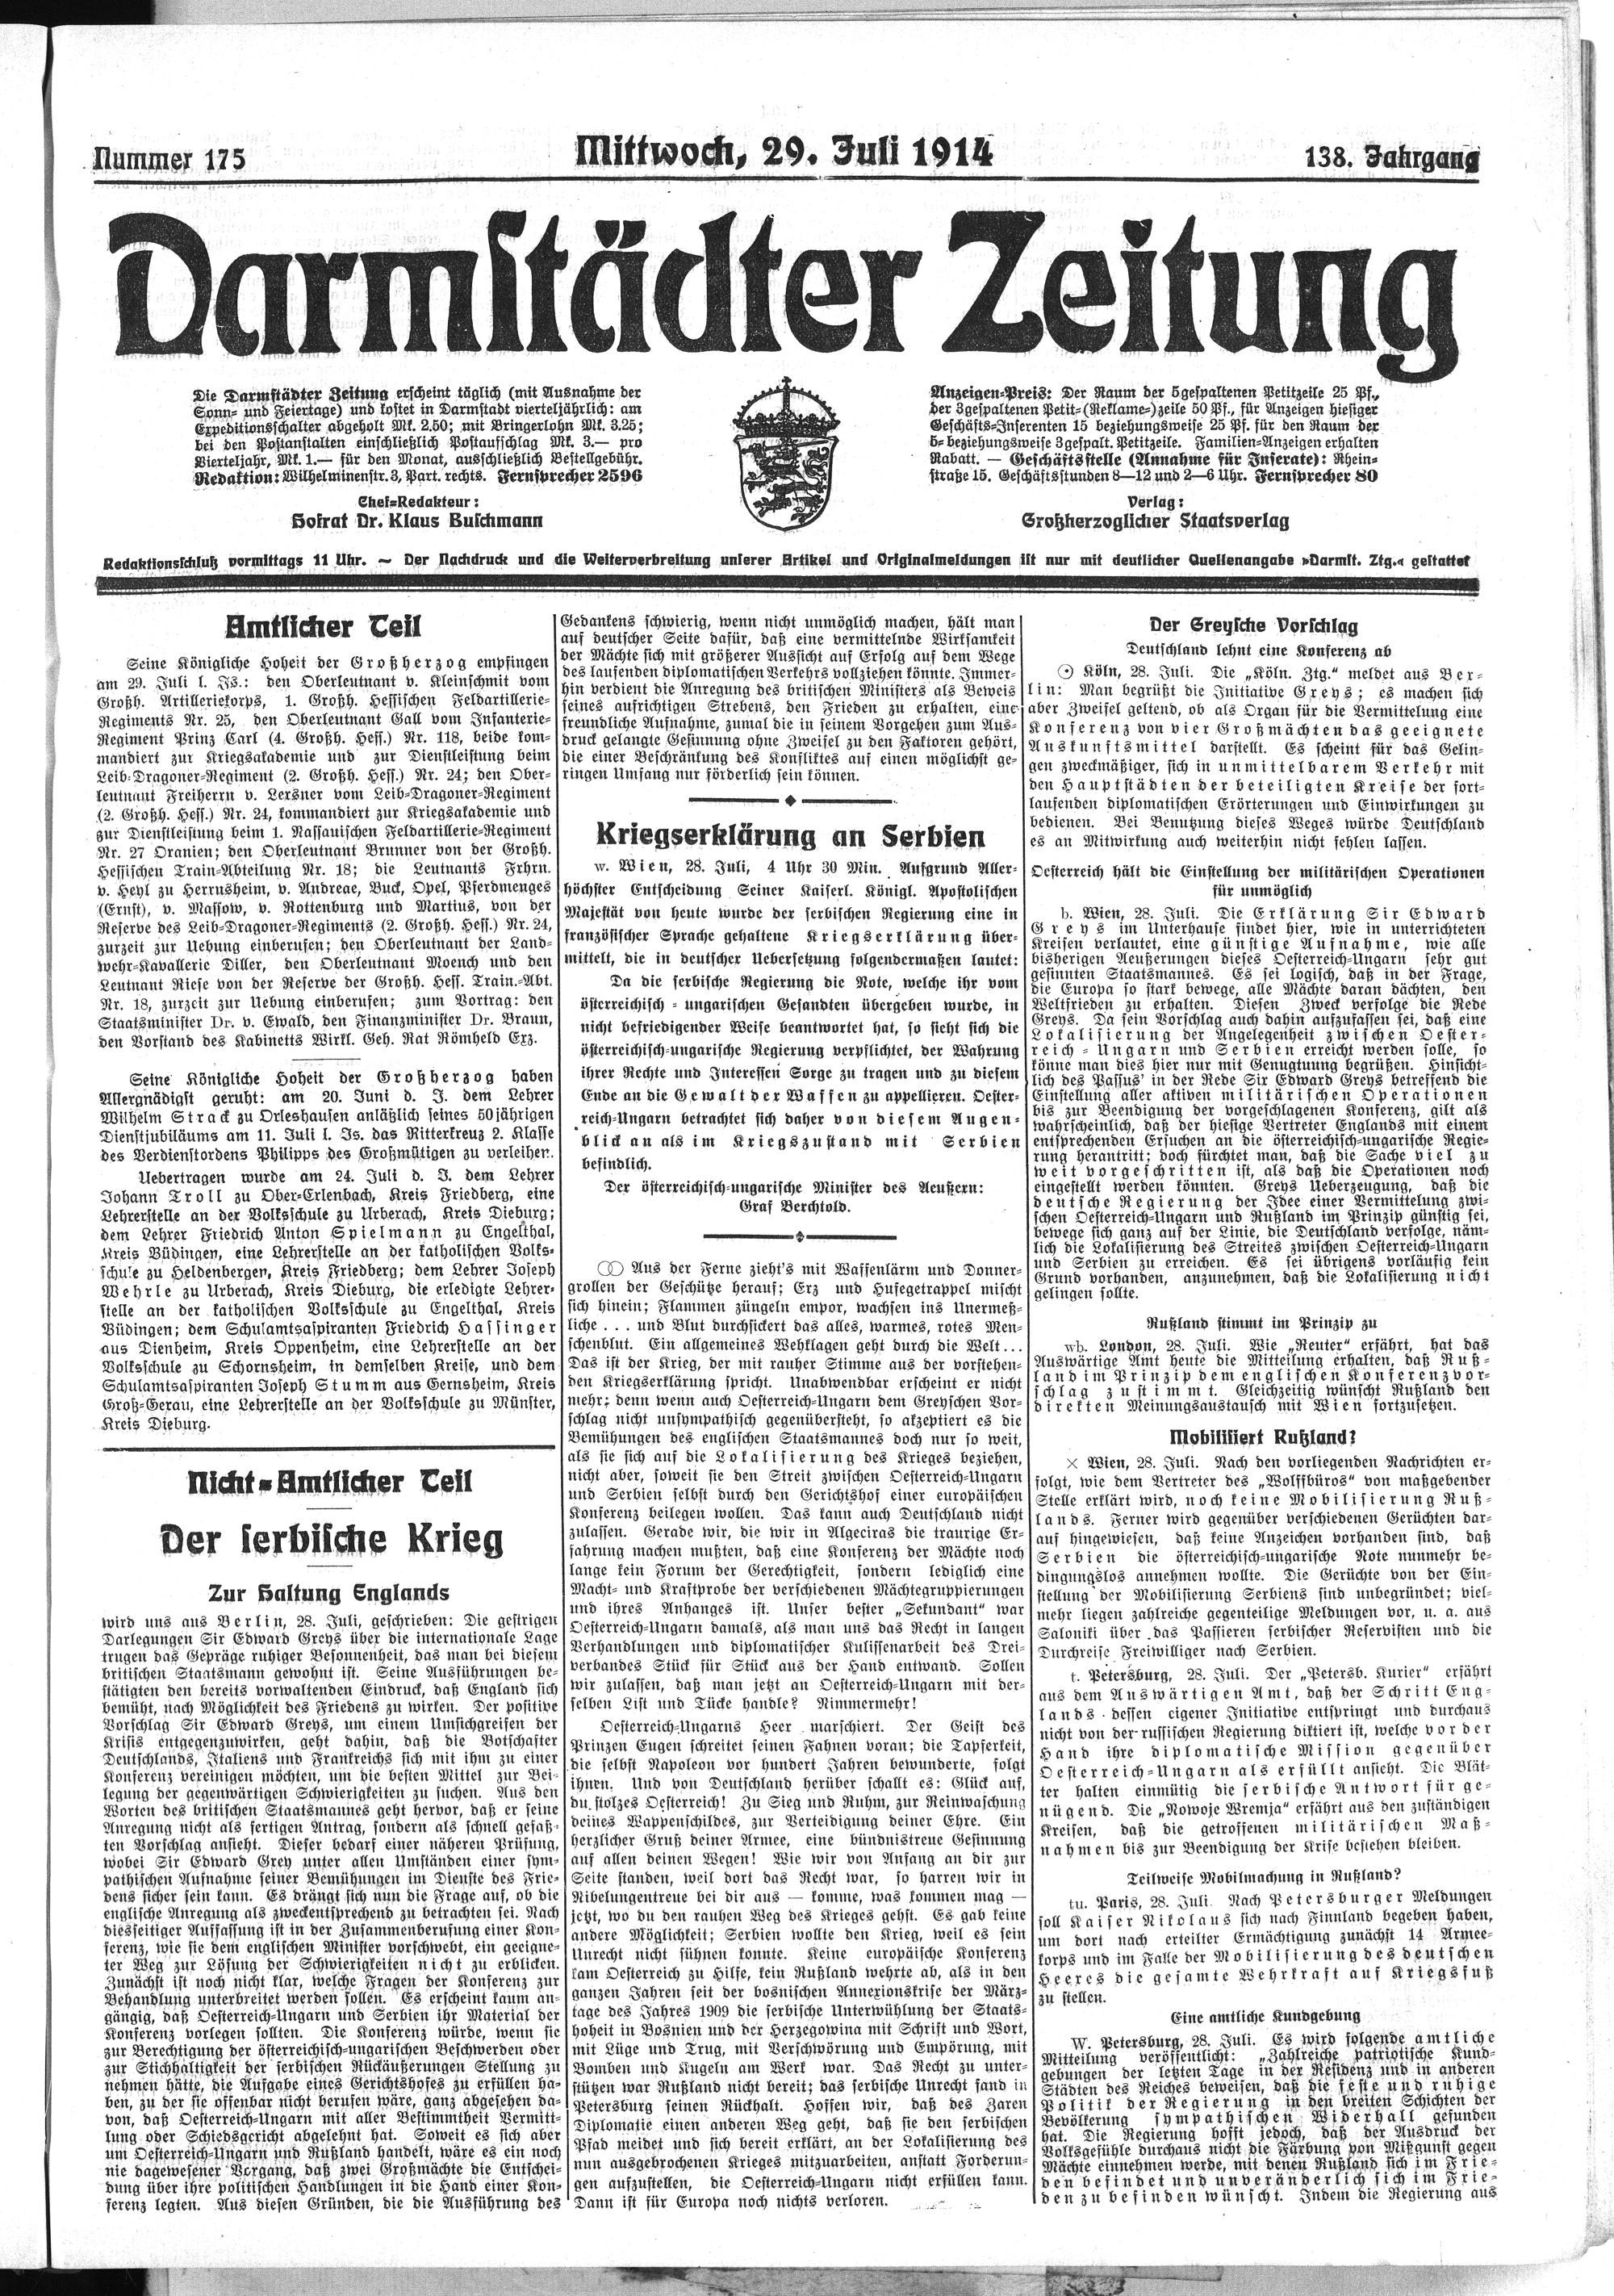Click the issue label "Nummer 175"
coord(168,159)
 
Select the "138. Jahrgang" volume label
coord(1390,157)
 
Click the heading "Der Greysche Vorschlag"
coord(1259,627)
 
